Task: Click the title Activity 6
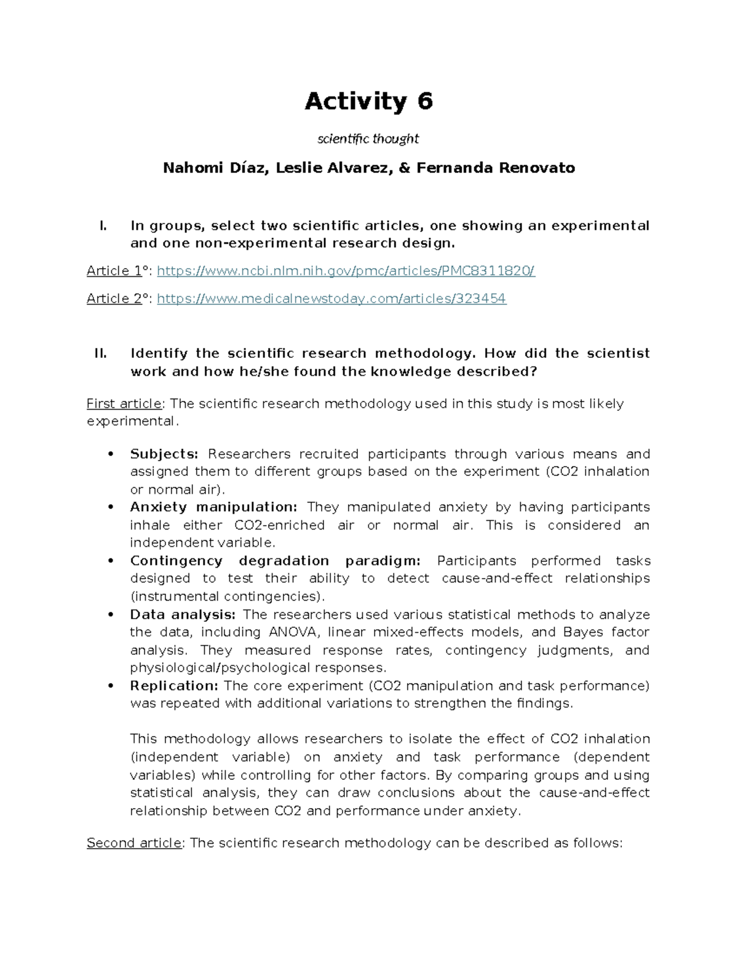coord(368,101)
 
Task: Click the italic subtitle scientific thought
coord(368,139)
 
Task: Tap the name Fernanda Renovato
coord(496,168)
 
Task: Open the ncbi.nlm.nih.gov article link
coord(346,271)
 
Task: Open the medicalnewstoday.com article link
coord(331,299)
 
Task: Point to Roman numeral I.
coord(103,226)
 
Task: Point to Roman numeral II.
coord(100,354)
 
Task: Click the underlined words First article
coord(124,404)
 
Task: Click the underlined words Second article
coord(134,843)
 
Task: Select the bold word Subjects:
coord(164,454)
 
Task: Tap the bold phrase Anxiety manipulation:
coord(213,507)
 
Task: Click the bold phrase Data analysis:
coord(182,614)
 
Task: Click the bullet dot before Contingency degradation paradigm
coord(111,561)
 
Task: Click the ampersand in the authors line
coord(404,168)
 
